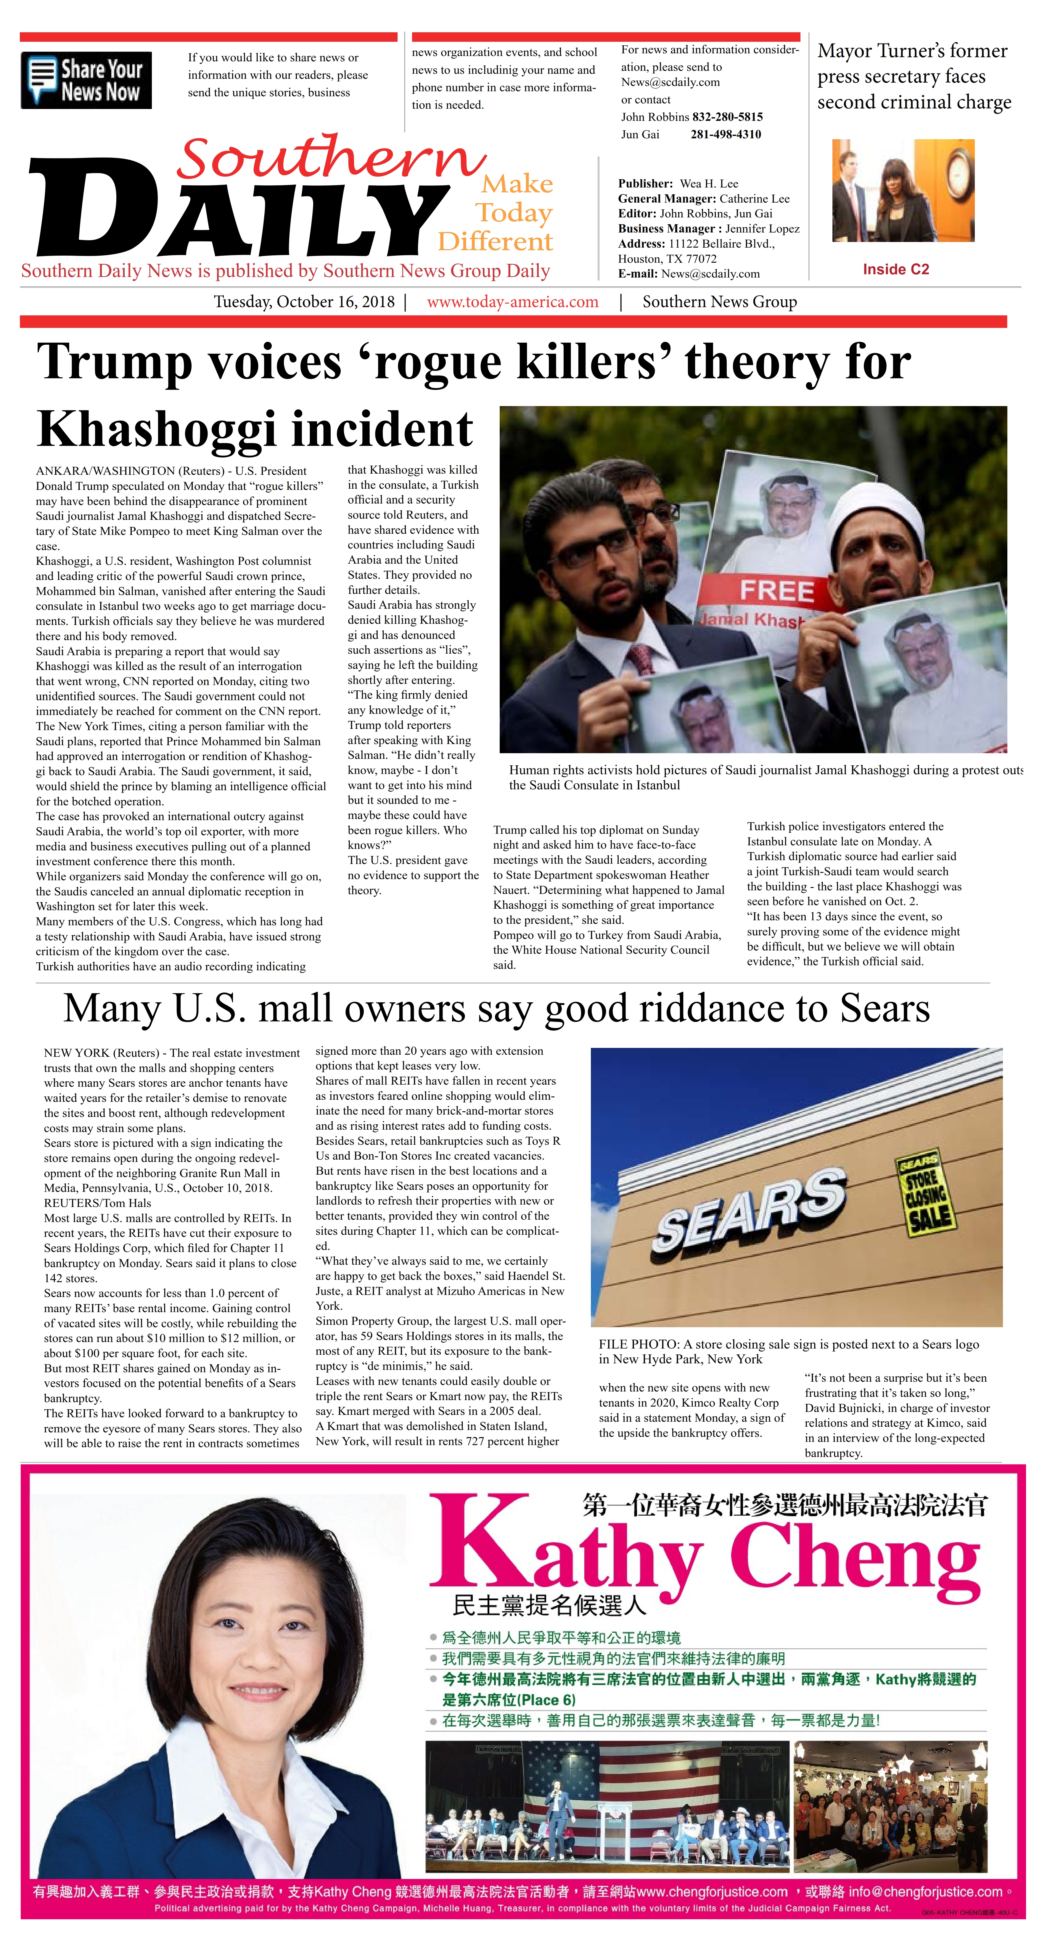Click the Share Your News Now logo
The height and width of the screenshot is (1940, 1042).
(x=86, y=80)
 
